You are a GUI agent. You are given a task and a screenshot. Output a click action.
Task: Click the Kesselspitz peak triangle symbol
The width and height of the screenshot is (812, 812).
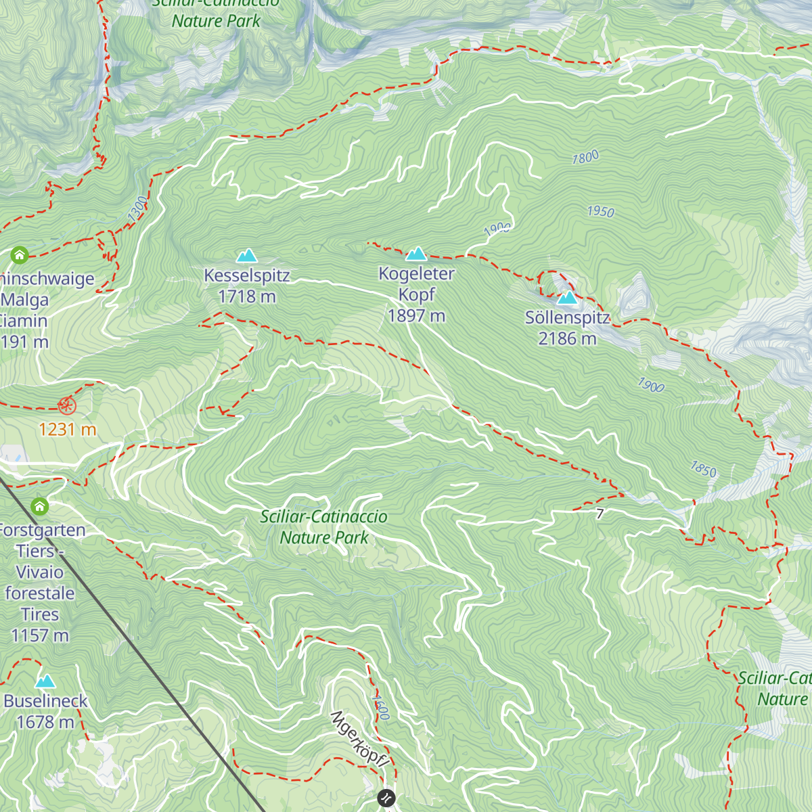[247, 255]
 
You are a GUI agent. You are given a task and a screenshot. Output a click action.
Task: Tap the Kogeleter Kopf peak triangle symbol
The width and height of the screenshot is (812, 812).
[416, 254]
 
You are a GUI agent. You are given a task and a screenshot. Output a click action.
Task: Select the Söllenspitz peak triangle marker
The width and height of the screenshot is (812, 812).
[567, 297]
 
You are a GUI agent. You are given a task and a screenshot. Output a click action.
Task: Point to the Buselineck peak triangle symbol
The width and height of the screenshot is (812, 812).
[45, 681]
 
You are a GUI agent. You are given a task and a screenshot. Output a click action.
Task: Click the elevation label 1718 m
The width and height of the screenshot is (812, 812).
[247, 296]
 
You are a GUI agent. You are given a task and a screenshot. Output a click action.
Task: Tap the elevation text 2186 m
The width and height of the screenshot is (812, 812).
[567, 338]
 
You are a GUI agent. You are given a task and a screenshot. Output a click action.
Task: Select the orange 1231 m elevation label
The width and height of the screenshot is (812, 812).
[67, 429]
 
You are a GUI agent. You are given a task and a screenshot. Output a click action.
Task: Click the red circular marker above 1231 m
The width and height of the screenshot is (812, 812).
[67, 406]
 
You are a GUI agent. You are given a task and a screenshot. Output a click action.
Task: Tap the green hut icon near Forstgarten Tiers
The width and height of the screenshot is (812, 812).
[40, 506]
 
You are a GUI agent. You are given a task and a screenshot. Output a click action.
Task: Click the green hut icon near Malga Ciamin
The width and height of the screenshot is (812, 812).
[20, 255]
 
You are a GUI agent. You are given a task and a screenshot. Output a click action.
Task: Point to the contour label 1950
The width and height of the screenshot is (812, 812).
[600, 212]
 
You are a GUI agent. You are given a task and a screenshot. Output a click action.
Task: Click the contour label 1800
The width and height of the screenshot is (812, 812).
[585, 158]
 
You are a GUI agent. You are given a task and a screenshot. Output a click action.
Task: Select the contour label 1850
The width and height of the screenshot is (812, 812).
[703, 468]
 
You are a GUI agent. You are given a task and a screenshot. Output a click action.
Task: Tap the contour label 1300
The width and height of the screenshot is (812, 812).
[137, 208]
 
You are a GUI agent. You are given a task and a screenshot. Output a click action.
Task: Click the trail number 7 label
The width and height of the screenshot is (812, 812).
[600, 514]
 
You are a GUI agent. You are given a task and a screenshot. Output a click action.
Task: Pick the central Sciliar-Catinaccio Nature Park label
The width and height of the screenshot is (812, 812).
[324, 527]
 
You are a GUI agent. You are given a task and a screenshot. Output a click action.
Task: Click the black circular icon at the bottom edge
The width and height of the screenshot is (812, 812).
[386, 798]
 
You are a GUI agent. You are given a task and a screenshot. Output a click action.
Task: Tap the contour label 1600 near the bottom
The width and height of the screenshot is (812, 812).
[381, 706]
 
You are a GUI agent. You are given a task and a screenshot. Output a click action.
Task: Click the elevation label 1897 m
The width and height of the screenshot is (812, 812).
[416, 316]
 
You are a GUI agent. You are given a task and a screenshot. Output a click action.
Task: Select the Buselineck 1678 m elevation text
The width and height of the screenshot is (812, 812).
[45, 722]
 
